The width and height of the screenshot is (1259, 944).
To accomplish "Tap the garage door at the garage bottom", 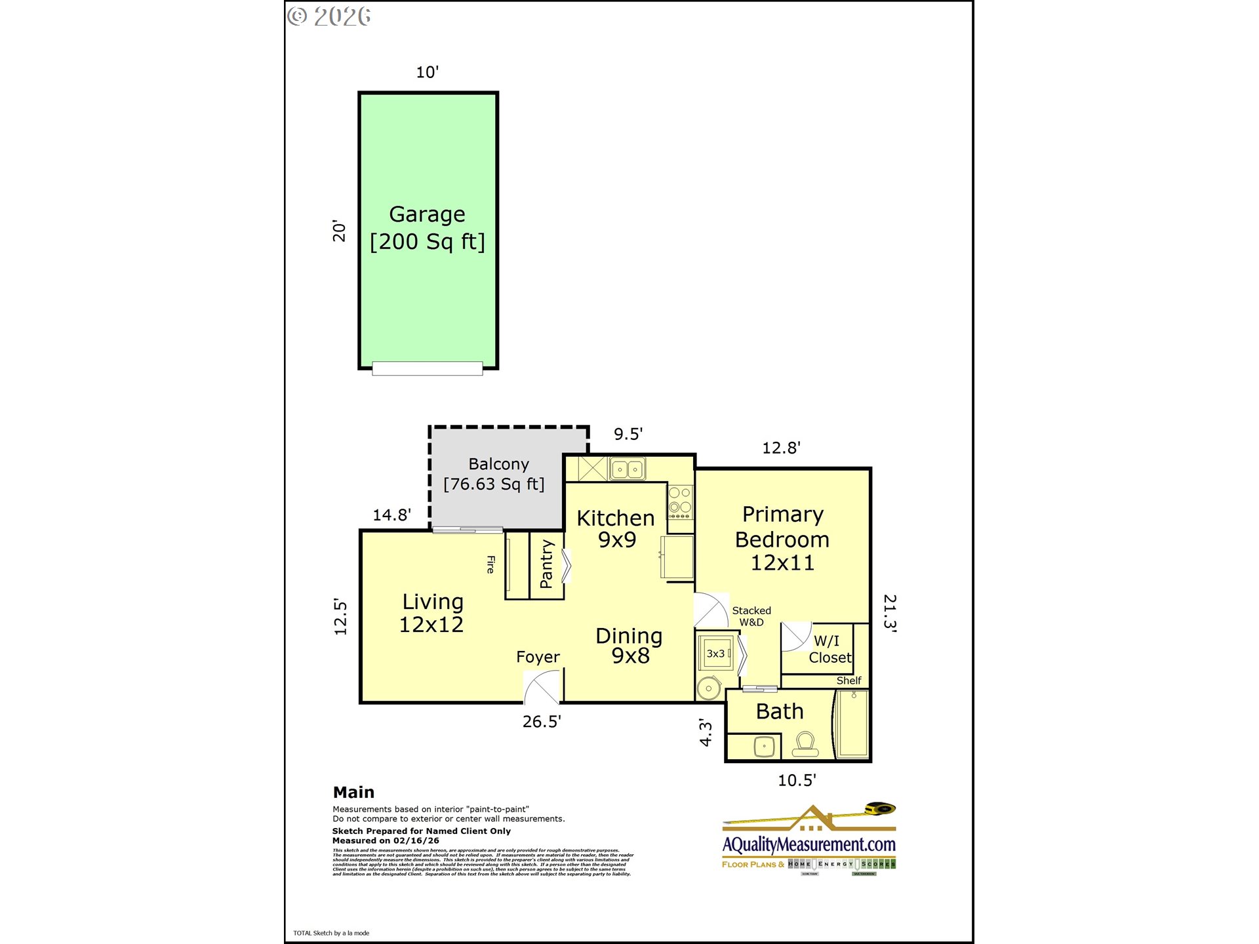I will click(427, 368).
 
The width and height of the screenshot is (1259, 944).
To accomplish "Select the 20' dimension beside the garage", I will click(339, 231).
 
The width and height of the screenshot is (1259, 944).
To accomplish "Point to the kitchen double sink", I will click(628, 469).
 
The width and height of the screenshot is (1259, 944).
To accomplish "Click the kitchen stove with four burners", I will click(680, 501).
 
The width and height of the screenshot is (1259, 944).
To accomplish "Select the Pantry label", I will click(546, 564).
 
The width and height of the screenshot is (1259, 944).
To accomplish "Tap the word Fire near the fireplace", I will click(490, 564).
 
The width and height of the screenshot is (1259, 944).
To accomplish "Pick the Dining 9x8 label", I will click(629, 645).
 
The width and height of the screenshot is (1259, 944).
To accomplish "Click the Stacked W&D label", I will click(751, 616).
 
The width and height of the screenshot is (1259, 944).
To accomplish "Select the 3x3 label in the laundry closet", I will click(715, 654).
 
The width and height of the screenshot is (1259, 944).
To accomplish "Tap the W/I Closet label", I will click(829, 649).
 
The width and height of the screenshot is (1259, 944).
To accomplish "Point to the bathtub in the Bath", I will click(852, 724).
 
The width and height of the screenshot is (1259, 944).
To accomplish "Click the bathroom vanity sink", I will click(764, 747).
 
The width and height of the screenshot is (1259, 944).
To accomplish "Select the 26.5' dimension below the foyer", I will click(542, 722).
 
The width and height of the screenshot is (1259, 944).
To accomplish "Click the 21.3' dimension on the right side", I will click(889, 612).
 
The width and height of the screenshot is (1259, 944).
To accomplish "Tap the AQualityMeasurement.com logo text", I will click(809, 844).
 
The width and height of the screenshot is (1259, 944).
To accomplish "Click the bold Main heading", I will click(353, 792).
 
